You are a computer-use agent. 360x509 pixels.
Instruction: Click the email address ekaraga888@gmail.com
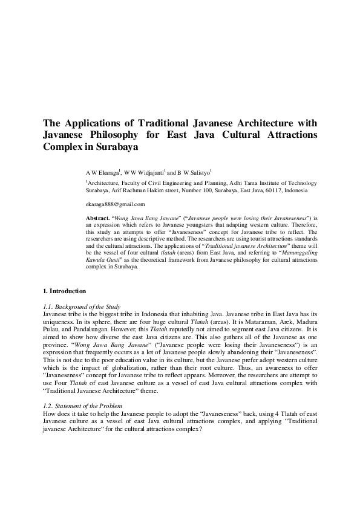[116, 204]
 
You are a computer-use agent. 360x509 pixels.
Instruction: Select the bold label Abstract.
[98, 217]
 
